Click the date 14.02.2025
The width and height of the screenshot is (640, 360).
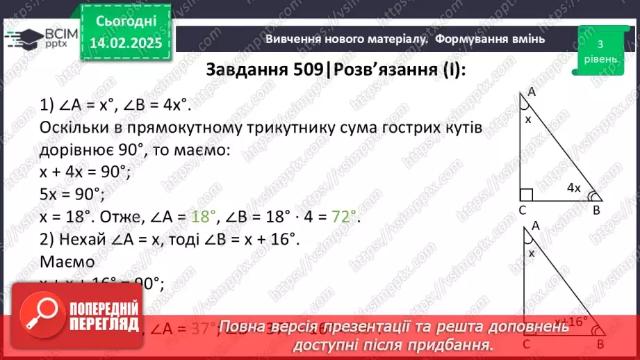tap(126, 43)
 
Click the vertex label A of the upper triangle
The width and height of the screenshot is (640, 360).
tap(532, 91)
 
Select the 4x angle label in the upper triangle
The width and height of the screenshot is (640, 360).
tap(573, 188)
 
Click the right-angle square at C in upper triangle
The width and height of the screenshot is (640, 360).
tap(526, 195)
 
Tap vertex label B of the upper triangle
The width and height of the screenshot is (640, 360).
tap(595, 210)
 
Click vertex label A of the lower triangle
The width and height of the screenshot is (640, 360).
tap(536, 226)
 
